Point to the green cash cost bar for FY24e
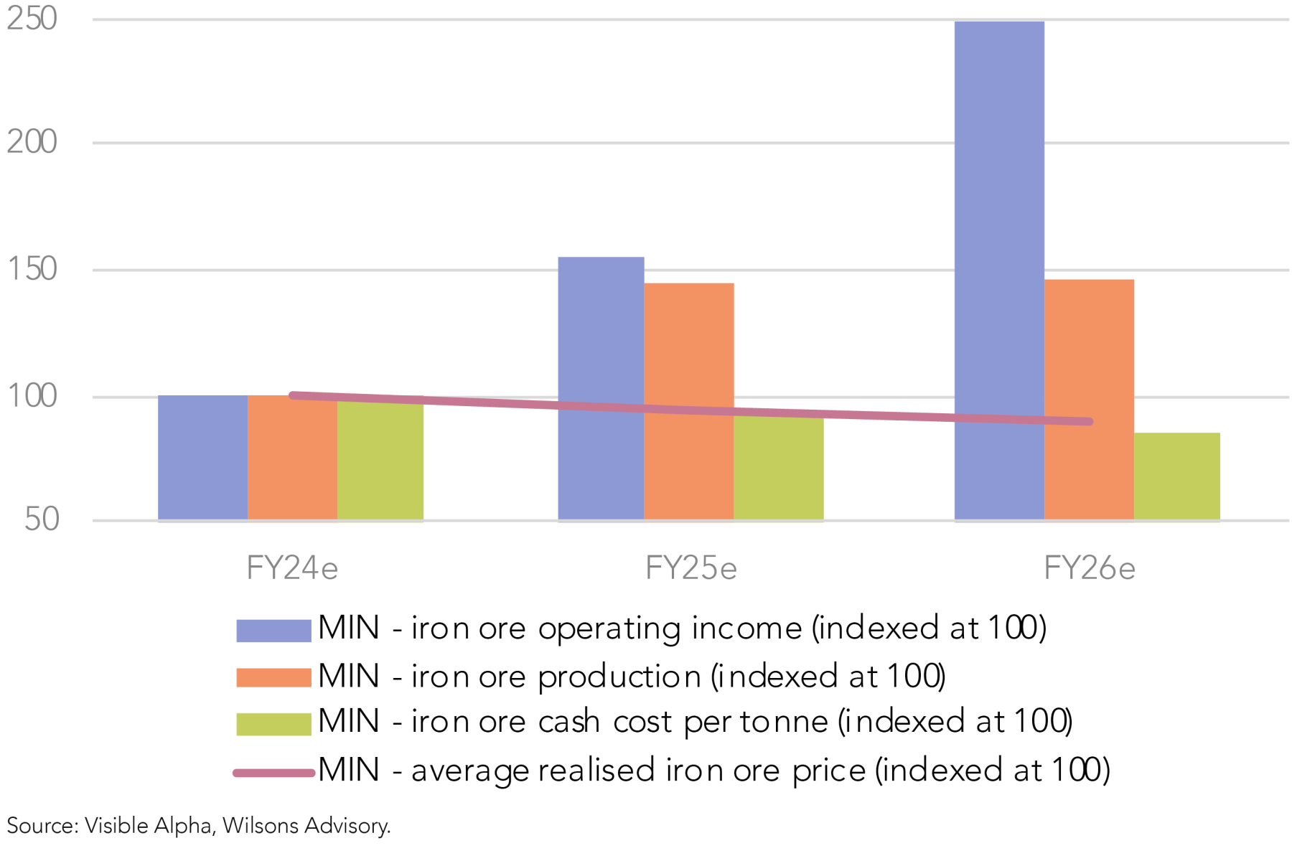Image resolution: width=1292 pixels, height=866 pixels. click(380, 463)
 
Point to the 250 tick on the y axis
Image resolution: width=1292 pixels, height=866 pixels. click(32, 19)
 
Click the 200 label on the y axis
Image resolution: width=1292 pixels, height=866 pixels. click(32, 142)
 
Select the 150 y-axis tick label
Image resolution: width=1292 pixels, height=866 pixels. click(32, 269)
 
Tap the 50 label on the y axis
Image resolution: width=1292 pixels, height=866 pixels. click(42, 519)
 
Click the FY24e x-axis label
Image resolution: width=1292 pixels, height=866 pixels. click(291, 568)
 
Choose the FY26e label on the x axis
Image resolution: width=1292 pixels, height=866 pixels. click(1089, 568)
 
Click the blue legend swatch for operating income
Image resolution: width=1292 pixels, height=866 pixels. click(273, 630)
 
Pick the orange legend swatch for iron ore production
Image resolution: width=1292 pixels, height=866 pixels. click(273, 677)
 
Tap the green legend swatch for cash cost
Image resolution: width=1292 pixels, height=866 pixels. click(273, 723)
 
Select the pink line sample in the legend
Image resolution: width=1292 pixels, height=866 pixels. click(273, 773)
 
